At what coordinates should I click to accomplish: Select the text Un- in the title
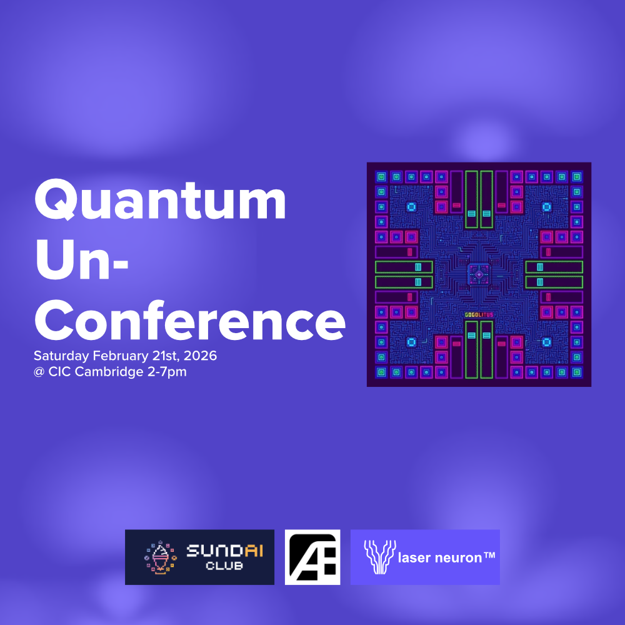pos(81,262)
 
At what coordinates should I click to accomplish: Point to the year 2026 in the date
pos(201,356)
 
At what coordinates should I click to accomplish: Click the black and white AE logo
pos(312,557)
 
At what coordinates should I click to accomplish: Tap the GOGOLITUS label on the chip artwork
pos(479,314)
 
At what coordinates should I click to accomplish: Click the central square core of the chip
pos(479,275)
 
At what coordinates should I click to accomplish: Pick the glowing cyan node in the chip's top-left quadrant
pos(411,206)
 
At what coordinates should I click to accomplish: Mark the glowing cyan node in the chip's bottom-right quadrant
pos(546,342)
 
